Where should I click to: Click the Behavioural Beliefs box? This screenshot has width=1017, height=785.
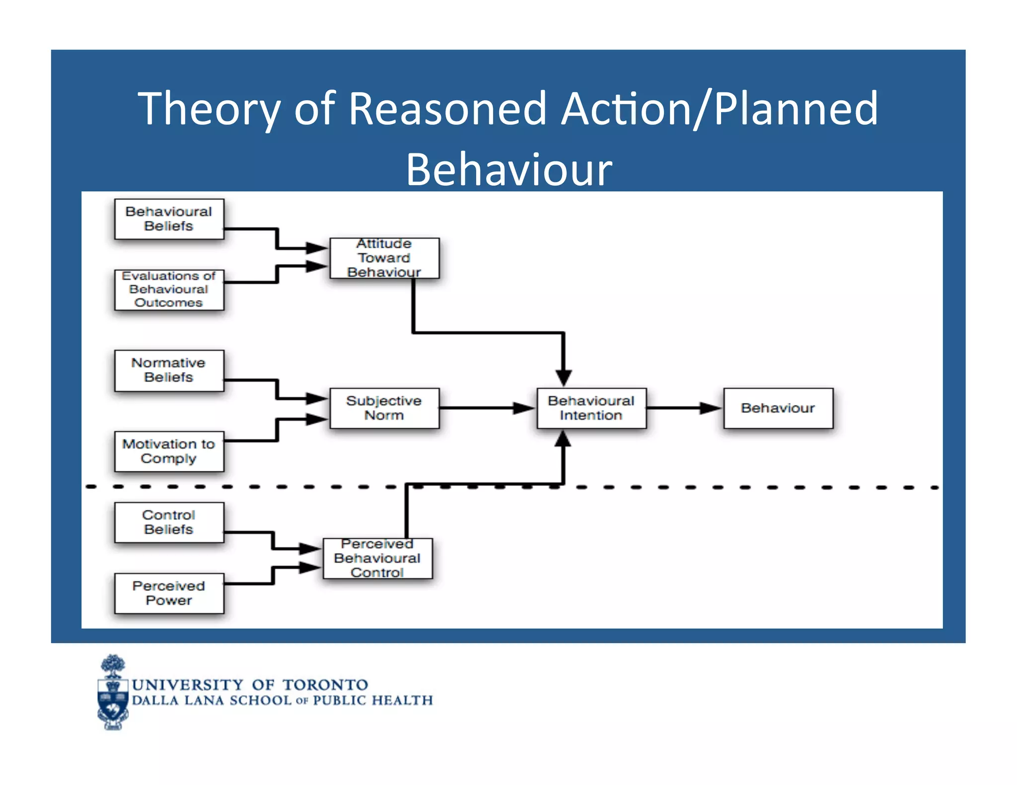169,219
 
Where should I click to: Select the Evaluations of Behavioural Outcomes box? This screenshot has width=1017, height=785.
169,289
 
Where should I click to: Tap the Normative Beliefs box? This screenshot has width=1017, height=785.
169,370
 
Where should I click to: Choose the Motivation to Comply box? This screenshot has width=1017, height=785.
169,451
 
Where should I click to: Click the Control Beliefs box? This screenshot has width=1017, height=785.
169,522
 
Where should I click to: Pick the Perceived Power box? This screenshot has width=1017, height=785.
169,593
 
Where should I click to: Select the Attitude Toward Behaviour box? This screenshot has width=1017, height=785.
384,258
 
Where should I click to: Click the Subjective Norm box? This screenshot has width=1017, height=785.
384,408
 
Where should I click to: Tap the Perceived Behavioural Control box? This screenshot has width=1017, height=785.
377,558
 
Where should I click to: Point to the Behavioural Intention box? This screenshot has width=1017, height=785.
591,408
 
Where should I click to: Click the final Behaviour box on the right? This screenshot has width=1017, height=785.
778,408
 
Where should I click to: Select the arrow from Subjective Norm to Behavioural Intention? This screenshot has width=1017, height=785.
487,408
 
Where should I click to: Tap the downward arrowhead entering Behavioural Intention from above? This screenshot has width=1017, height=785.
563,377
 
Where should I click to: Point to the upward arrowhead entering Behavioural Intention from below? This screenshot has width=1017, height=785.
563,439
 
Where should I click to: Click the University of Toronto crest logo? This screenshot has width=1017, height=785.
113,693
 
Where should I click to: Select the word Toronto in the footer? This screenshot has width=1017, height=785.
325,685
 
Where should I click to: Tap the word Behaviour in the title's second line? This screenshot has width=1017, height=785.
509,170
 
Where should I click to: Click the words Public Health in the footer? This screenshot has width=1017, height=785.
372,701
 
